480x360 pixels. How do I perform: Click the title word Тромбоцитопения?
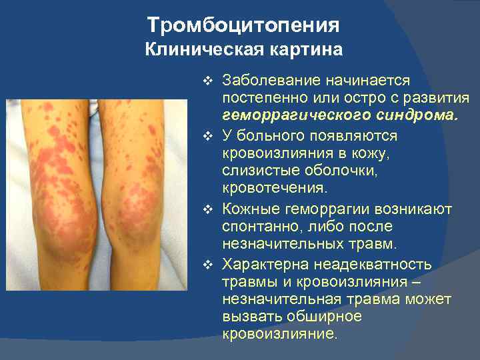243,25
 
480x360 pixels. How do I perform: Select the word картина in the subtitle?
305,49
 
